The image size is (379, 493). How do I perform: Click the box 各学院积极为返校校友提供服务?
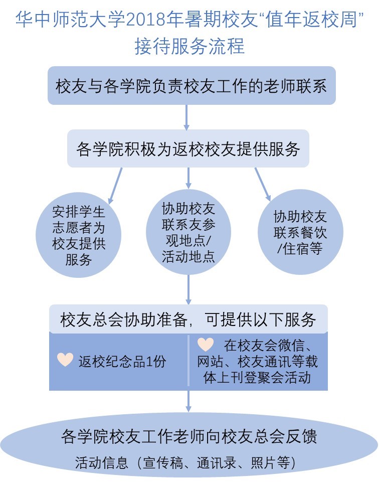click(188, 149)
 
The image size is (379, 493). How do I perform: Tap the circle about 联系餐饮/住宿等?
click(300, 232)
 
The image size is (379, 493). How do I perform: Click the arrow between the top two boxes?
click(187, 117)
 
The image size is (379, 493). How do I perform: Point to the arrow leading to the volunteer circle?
click(116, 183)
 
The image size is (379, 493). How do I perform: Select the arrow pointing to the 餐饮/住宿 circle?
click(263, 183)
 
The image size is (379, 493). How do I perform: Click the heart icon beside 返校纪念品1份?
click(65, 360)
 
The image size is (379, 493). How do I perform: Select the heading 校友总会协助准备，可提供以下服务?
click(188, 319)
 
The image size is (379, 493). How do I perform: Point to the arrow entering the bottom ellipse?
click(188, 401)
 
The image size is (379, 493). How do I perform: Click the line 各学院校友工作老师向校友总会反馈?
click(188, 435)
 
